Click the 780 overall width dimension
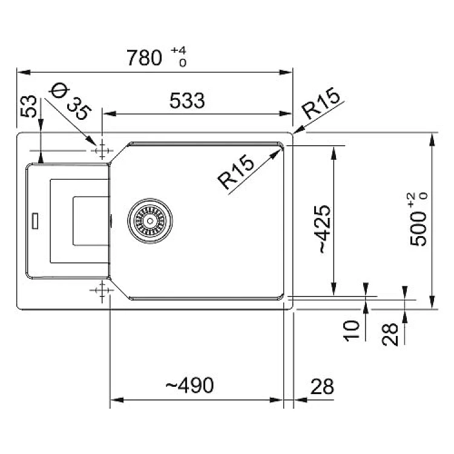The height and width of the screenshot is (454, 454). click(144, 58)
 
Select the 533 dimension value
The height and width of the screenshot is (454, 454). click(187, 100)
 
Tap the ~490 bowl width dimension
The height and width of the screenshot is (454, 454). click(189, 385)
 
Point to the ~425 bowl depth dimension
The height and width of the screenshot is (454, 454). click(325, 229)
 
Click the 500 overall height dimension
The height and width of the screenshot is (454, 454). click(419, 229)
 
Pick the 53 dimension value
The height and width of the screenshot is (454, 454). click(28, 107)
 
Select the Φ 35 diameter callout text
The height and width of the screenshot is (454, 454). click(70, 101)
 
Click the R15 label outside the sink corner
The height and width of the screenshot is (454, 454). click(321, 103)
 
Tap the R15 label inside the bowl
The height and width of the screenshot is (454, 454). click(235, 172)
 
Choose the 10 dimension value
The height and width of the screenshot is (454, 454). click(351, 331)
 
